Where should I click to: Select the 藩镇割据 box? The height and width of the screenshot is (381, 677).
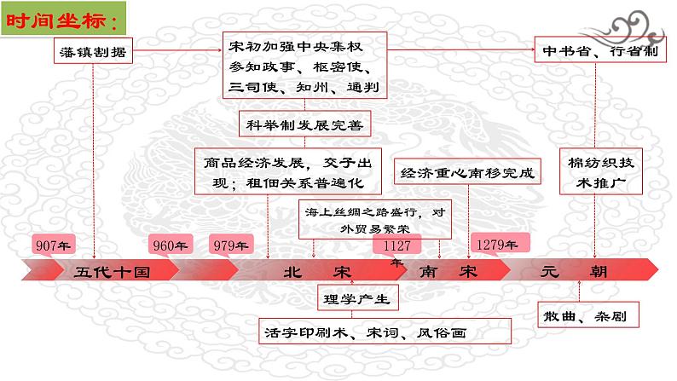(93, 53)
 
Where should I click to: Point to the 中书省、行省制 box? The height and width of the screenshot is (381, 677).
(595, 49)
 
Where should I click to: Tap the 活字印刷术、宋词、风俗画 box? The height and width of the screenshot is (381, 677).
(385, 332)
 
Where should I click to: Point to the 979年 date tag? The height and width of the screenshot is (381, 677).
(230, 245)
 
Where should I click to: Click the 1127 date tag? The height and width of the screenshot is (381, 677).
(394, 245)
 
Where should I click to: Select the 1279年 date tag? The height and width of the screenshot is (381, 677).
(497, 245)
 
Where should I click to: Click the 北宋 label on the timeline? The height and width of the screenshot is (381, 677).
(317, 272)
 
